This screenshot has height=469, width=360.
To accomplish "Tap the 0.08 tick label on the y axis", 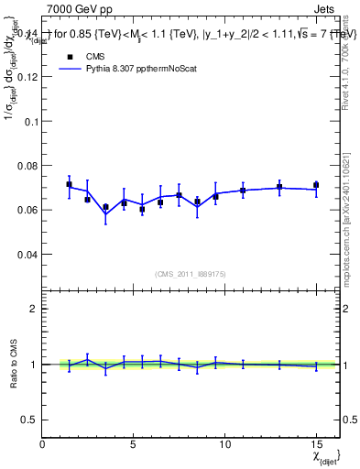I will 26,165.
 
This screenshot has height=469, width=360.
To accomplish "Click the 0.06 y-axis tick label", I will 26,210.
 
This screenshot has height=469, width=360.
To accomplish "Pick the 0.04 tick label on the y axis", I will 26,254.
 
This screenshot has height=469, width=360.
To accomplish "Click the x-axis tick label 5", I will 134,443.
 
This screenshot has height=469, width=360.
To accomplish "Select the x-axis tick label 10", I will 224,443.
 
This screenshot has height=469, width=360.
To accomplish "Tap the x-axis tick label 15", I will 316,443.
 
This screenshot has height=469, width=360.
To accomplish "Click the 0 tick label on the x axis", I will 43,443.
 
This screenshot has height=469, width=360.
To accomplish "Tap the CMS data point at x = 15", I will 316,185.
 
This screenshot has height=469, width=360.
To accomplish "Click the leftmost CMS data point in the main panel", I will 69,184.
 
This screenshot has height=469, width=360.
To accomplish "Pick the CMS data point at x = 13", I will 279,187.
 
